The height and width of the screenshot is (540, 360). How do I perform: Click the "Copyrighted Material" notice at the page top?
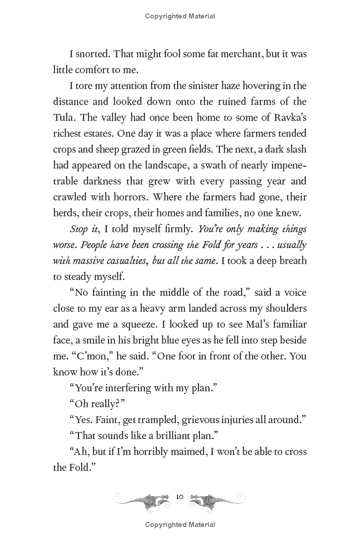coord(180,16)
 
